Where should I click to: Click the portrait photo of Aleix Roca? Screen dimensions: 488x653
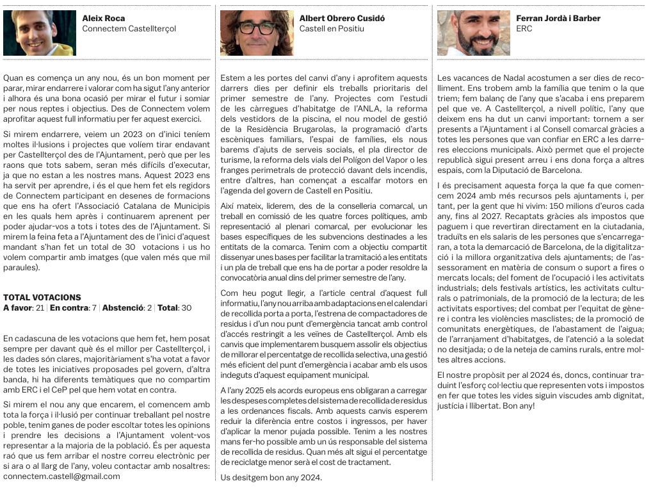click(x=40, y=33)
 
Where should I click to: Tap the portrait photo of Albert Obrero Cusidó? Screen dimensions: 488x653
click(x=256, y=33)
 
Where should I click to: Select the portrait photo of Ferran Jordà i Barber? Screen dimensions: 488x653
click(x=474, y=33)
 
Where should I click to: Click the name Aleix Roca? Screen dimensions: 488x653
click(x=104, y=19)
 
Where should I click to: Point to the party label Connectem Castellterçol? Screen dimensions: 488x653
click(x=129, y=29)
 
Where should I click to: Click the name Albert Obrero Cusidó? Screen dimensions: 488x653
click(x=342, y=19)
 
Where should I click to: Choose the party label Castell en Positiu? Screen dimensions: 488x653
click(x=332, y=29)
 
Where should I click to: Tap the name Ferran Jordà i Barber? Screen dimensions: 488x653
click(x=558, y=19)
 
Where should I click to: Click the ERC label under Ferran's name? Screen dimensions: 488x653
click(x=524, y=29)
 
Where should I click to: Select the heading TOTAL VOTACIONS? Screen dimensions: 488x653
click(x=42, y=298)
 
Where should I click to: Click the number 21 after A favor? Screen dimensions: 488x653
click(x=40, y=308)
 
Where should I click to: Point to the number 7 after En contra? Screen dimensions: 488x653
click(x=93, y=308)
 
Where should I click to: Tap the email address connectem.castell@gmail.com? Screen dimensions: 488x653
click(x=61, y=476)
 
